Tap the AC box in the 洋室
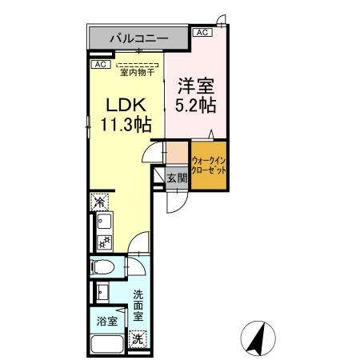tap(202, 32)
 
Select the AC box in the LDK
tap(100, 64)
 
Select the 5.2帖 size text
tap(196, 103)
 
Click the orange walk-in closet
tap(208, 166)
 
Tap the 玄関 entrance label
tap(176, 178)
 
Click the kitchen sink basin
tap(101, 220)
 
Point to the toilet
tap(104, 268)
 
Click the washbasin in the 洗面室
tap(102, 292)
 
